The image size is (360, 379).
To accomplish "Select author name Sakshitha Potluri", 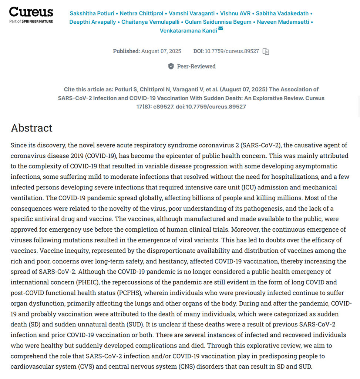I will (x=92, y=13).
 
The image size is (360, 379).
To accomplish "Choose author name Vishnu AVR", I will (x=232, y=13).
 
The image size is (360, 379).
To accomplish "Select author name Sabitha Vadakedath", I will (x=282, y=13).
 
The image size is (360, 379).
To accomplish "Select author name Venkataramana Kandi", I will (x=188, y=31).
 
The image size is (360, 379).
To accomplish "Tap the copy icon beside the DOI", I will (x=266, y=51).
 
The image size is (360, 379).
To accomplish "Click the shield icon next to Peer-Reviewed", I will (x=171, y=66).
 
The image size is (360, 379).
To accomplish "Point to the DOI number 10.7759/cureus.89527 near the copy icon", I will (x=232, y=51).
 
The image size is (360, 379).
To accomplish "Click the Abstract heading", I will (x=32, y=128).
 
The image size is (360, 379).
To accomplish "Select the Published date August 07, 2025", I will (x=161, y=51).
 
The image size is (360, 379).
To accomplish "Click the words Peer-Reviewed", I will (x=196, y=66).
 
